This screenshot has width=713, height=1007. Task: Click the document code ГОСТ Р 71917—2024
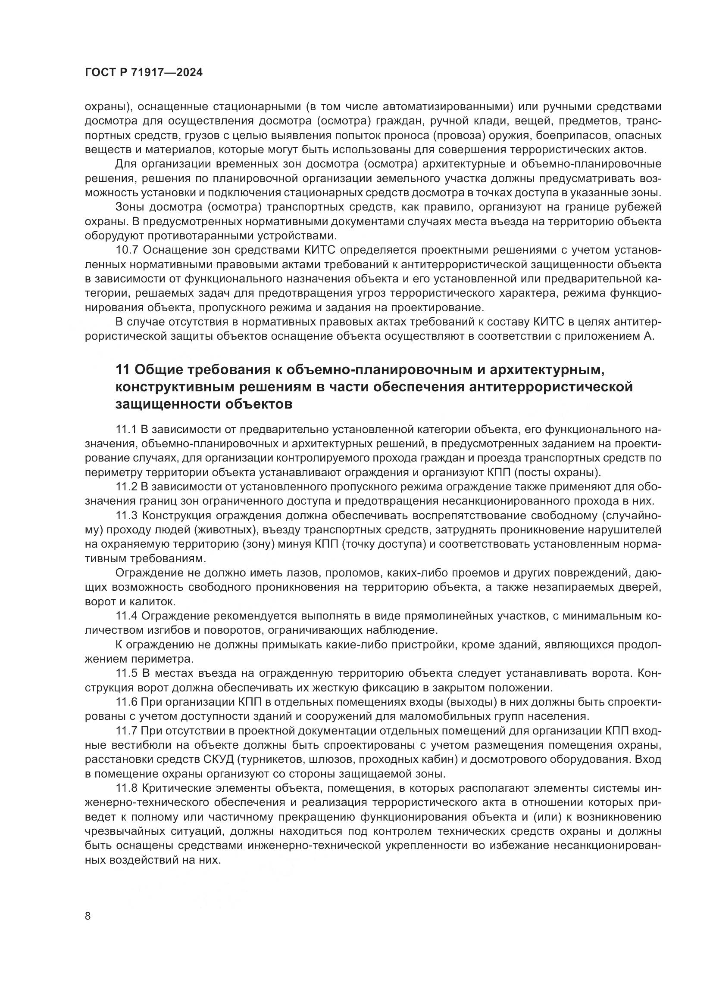(144, 73)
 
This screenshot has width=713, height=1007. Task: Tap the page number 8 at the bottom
(88, 917)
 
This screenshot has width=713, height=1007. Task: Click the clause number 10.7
(127, 251)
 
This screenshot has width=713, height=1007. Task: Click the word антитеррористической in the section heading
(551, 387)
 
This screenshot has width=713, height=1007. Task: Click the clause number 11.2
(127, 487)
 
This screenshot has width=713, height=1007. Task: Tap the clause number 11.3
(127, 516)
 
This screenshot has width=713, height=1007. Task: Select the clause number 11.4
(127, 616)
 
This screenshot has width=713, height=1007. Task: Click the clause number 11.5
(127, 673)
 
